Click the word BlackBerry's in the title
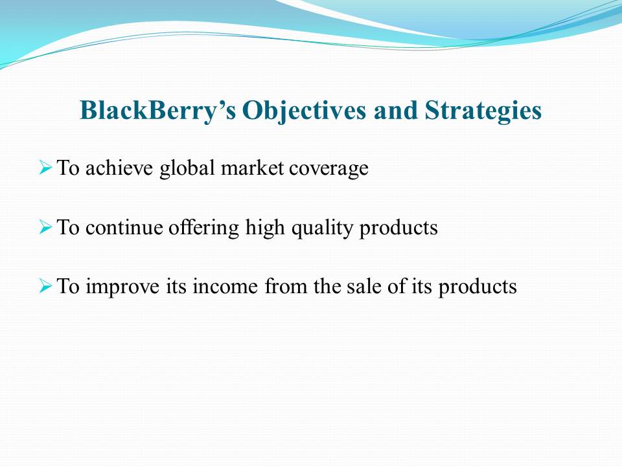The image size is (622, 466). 158,111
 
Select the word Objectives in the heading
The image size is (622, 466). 305,111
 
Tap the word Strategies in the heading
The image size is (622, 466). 483,111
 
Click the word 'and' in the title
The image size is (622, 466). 395,110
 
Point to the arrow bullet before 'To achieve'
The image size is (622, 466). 45,167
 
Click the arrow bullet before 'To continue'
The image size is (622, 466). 45,227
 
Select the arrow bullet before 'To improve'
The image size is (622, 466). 45,285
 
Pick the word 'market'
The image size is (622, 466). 252,168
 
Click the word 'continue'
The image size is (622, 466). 124,227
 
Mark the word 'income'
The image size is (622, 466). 225,286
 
